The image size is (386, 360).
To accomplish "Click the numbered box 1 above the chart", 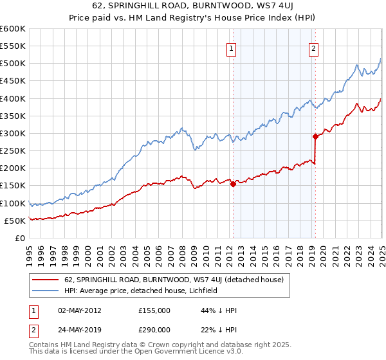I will click(x=231, y=47).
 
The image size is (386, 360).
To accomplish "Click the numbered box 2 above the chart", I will click(x=313, y=47).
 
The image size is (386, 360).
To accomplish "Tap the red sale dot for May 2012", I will click(x=233, y=184).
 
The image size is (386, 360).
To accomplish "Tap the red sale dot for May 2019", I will click(x=315, y=136).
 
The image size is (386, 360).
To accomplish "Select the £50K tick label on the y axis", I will click(x=15, y=221).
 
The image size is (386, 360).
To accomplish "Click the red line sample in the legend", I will click(x=44, y=278).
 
